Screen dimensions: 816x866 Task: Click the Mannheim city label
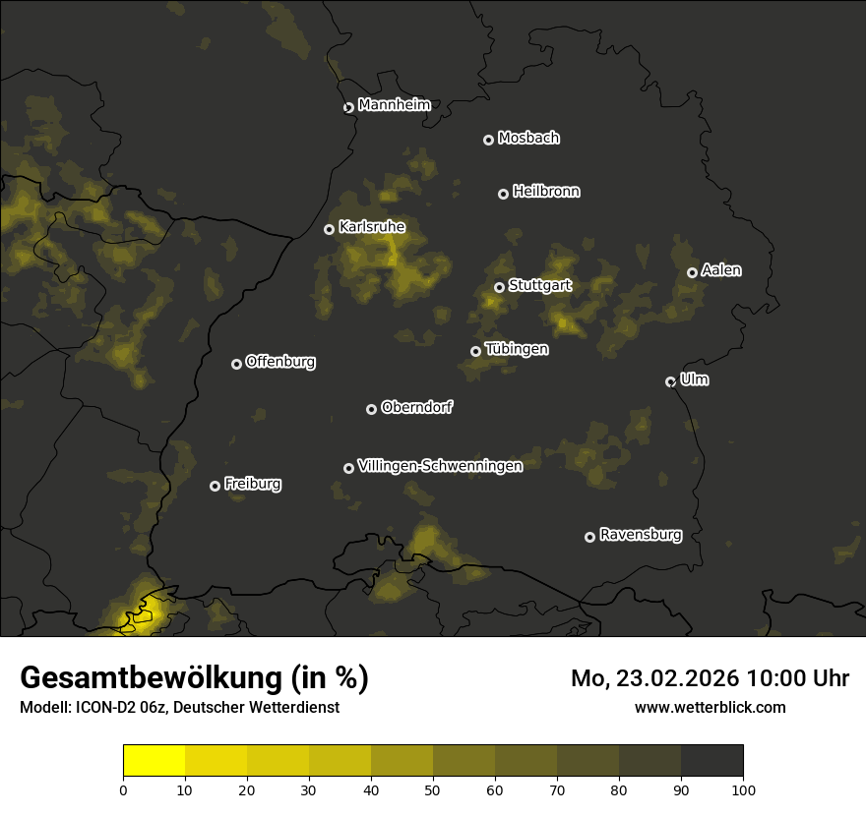394,105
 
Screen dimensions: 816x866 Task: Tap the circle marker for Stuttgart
499,287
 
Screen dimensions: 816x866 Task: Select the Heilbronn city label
546,192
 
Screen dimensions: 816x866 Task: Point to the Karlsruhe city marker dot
329,229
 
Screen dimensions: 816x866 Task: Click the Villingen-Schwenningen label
440,466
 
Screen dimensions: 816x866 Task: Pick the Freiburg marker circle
215,486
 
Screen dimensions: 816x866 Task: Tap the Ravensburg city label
640,535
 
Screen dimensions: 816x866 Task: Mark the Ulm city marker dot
670,381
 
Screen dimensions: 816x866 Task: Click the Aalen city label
721,270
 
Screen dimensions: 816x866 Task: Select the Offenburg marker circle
236,364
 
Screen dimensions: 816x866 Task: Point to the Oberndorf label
416,407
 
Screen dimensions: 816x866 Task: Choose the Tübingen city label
517,349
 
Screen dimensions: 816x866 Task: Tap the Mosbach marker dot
487,140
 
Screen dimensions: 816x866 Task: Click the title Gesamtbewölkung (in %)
194,677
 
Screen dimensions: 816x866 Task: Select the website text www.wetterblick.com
710,707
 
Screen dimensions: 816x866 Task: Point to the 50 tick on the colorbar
433,788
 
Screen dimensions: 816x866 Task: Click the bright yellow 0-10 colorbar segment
154,761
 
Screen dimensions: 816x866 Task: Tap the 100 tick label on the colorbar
743,788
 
